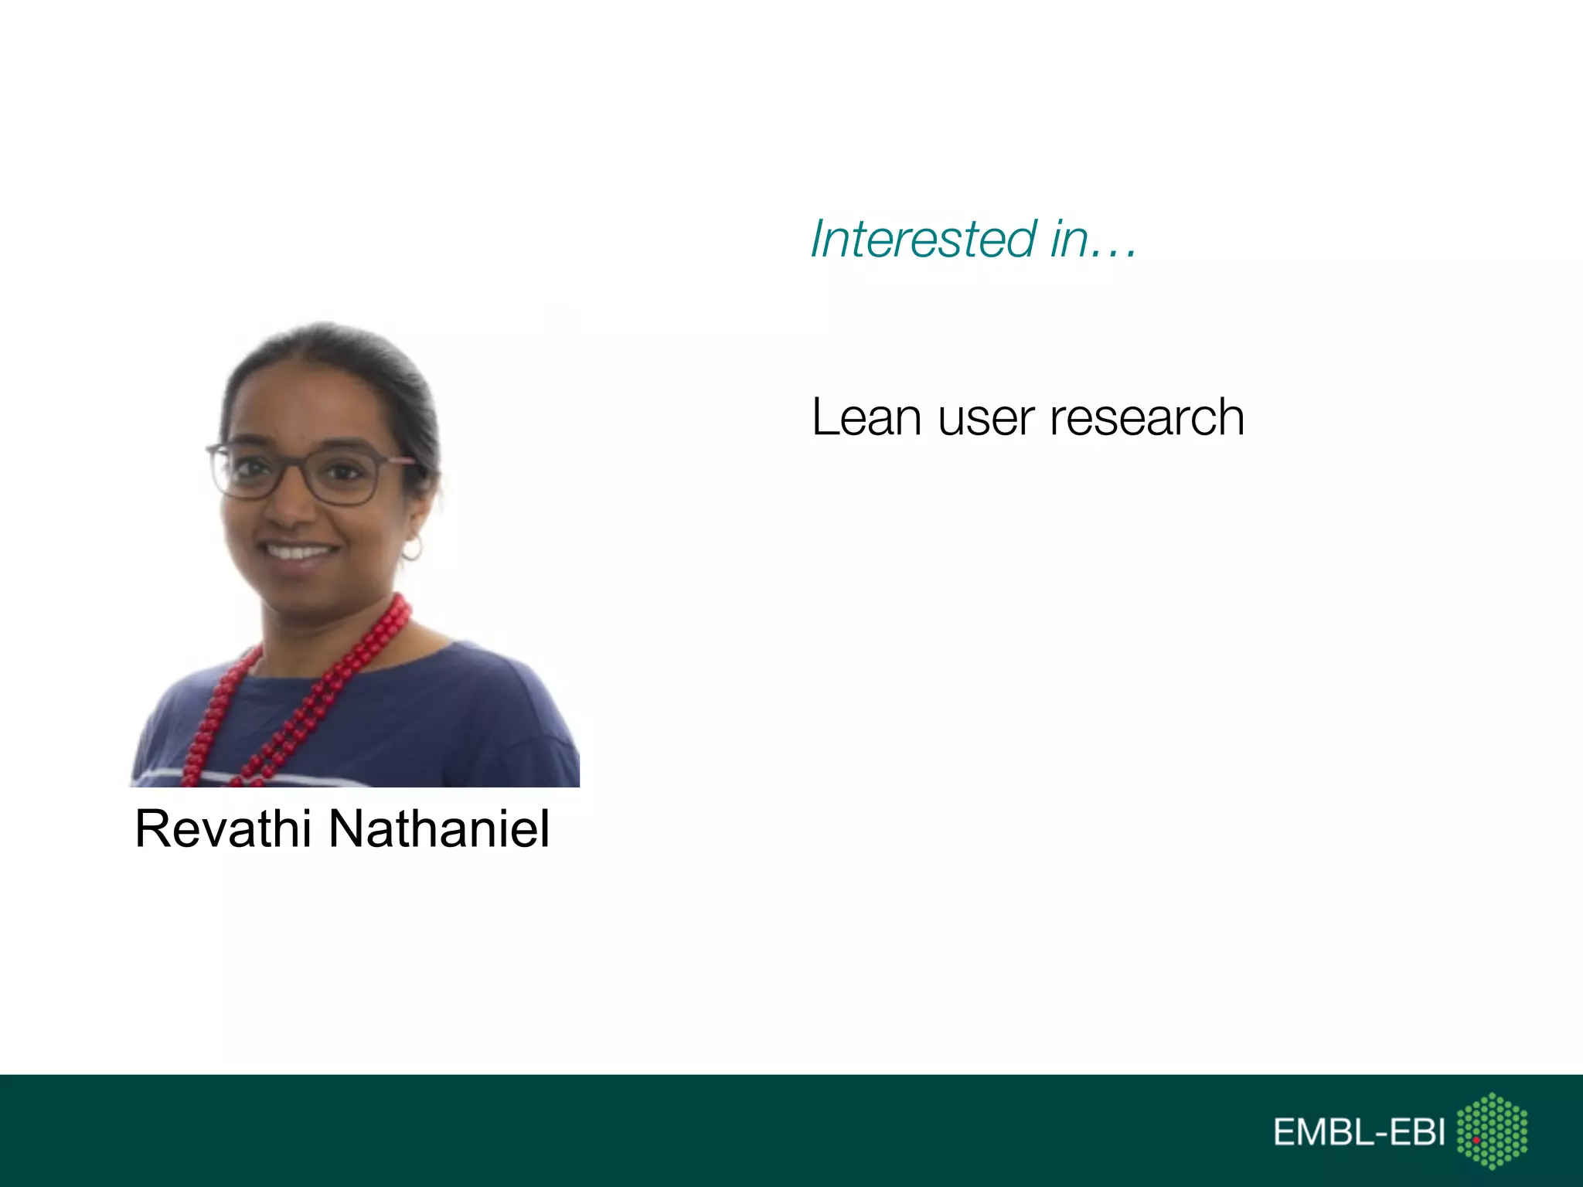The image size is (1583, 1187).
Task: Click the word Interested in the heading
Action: [923, 239]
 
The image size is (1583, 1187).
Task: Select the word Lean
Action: [866, 418]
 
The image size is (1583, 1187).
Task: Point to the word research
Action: [1147, 418]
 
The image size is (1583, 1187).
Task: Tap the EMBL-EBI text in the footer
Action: [1359, 1132]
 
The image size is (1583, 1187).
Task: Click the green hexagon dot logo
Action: [1492, 1131]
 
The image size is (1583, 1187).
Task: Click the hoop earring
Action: [413, 549]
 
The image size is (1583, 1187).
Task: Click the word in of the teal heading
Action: [1069, 239]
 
